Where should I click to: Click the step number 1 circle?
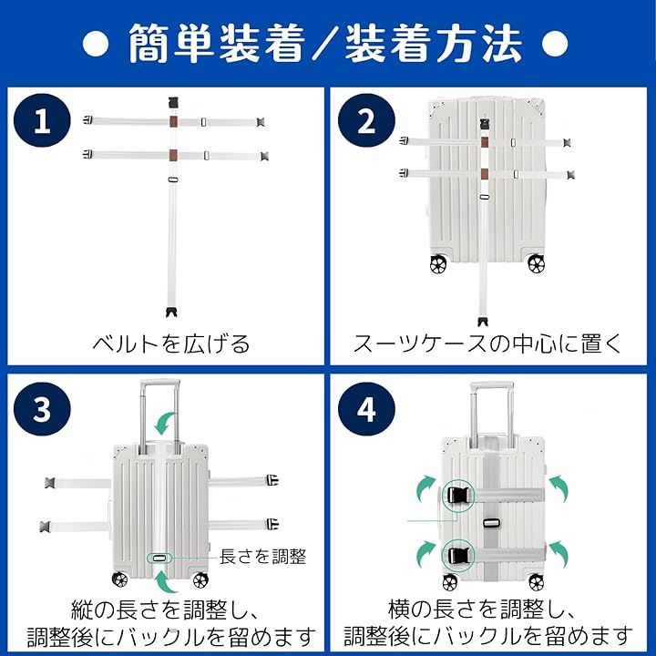[42, 120]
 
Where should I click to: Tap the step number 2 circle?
[366, 120]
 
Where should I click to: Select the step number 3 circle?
[42, 409]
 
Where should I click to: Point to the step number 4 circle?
[366, 409]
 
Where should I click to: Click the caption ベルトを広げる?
[170, 343]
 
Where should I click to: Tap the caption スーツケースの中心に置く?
[487, 343]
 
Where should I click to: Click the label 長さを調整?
[262, 557]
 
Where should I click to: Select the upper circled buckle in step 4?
[458, 497]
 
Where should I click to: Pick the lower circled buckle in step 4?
[458, 556]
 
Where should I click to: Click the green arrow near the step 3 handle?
[164, 423]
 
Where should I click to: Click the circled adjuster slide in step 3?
[159, 558]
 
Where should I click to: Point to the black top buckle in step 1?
[174, 103]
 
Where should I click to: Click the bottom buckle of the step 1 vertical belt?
[171, 313]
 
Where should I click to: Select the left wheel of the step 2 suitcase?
[438, 264]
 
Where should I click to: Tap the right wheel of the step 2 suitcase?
[536, 264]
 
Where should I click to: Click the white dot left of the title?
[96, 43]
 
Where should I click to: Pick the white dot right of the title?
[555, 43]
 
